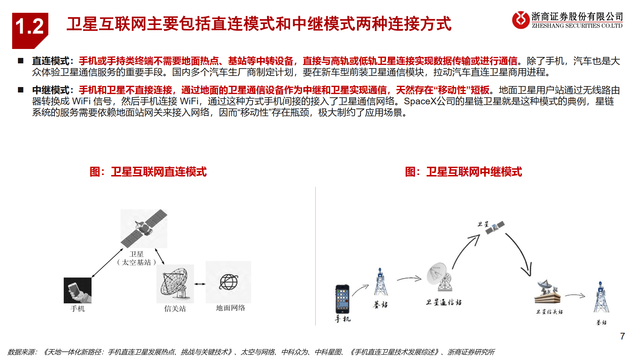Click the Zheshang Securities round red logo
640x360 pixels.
521,20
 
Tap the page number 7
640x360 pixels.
622,336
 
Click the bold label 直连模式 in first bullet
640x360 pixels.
51,61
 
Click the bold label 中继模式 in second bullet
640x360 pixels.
51,90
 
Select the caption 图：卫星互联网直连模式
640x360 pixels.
148,172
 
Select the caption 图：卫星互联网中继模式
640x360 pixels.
463,172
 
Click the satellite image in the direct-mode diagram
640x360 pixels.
144,228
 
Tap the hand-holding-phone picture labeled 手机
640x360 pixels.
77,290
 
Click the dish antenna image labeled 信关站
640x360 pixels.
175,284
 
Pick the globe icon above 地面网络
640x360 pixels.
228,282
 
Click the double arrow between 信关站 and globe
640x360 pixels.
200,284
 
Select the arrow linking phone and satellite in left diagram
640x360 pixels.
107,263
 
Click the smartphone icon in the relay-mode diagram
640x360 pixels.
342,299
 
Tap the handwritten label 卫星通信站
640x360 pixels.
444,302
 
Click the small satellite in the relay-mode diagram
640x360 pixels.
495,227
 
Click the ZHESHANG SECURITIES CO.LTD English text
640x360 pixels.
577,26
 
